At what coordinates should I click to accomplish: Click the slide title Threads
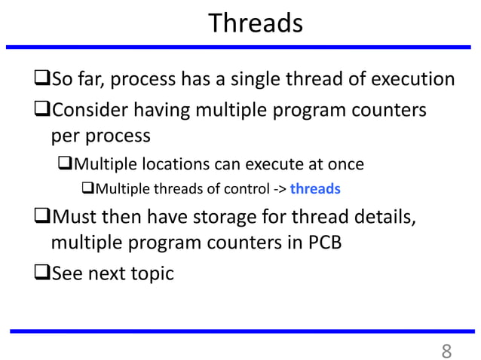point(255,23)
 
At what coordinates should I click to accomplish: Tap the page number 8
point(446,350)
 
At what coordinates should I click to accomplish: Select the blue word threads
point(315,188)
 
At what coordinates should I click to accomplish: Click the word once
point(345,164)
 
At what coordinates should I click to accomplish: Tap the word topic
point(147,273)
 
